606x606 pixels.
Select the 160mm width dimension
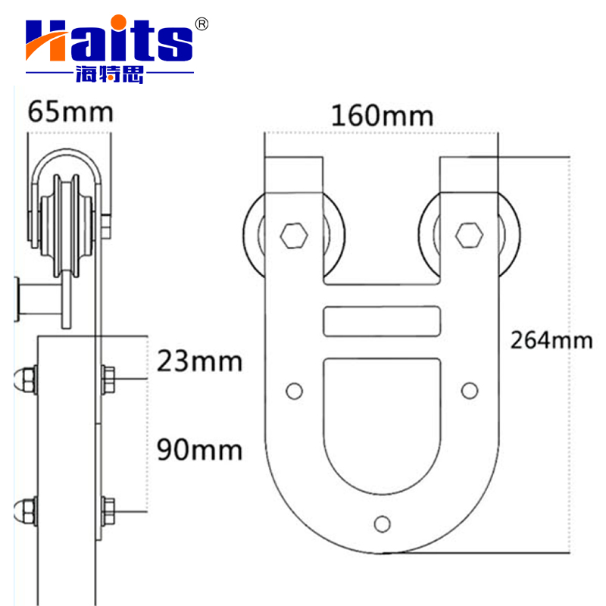(382, 116)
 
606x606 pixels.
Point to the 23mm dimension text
(199, 361)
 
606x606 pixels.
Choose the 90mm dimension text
(199, 449)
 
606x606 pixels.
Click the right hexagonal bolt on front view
(470, 235)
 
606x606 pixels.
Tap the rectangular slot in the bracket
(381, 321)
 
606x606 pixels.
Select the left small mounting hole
(292, 390)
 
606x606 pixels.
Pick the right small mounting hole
(470, 390)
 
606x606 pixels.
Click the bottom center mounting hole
(383, 523)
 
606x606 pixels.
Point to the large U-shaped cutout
(381, 424)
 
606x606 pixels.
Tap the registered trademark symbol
(201, 23)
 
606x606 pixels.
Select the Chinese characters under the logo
(109, 74)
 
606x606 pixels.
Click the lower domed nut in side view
(25, 508)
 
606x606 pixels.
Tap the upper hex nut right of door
(108, 377)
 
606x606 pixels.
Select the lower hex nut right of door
(108, 508)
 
